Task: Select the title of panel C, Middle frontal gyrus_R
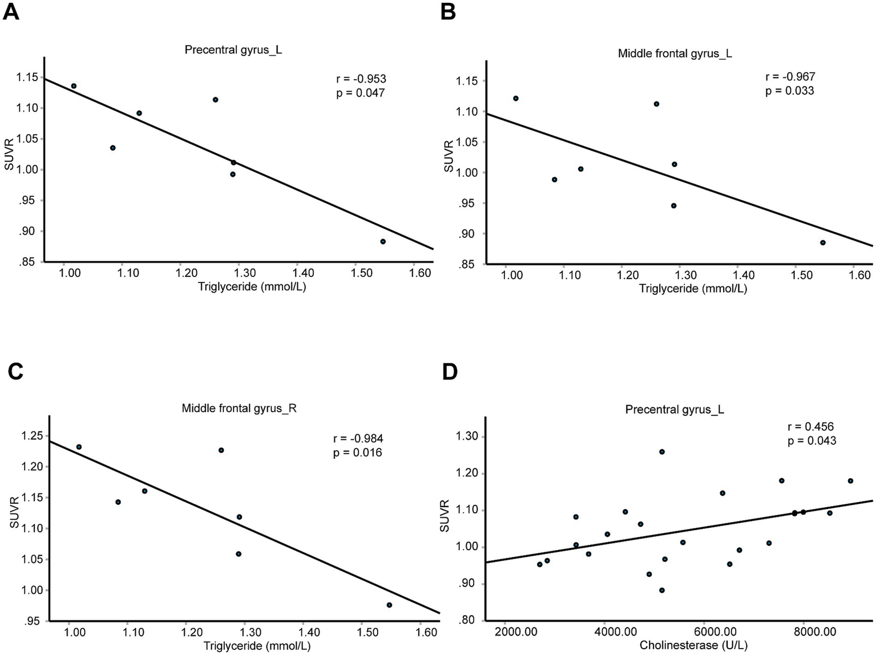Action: (239, 409)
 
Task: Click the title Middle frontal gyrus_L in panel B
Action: (675, 54)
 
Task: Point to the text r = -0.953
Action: (361, 79)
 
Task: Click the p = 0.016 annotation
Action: (357, 452)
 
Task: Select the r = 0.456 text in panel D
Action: (811, 427)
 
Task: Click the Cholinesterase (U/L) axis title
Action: (693, 646)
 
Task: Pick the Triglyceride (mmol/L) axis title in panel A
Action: (252, 287)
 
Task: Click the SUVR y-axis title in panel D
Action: (445, 516)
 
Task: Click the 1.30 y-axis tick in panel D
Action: (467, 437)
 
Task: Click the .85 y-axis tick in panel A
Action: (29, 262)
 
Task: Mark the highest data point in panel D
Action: (662, 452)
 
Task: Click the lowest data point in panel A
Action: (383, 241)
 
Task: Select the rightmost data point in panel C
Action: (389, 605)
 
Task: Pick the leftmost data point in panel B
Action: (516, 98)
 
